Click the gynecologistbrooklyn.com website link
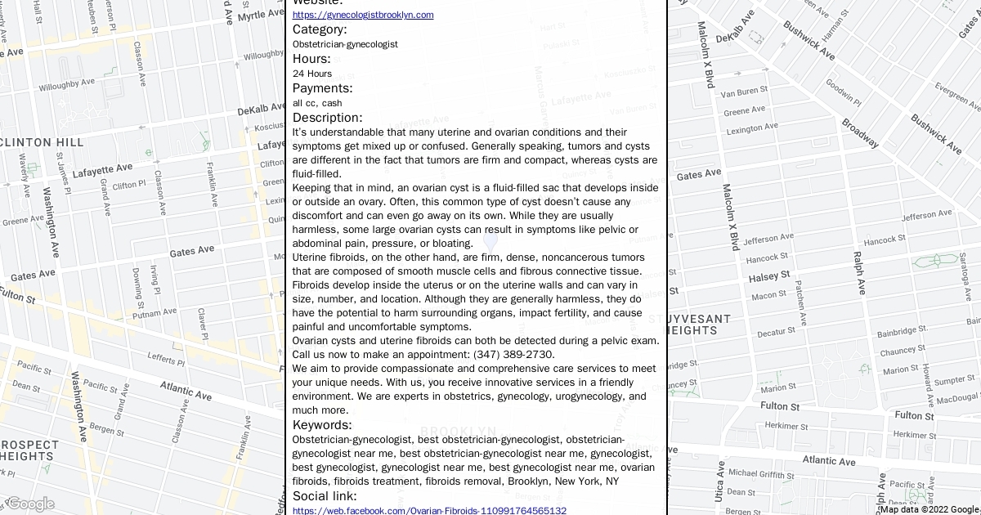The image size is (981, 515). click(x=363, y=15)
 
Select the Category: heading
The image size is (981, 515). click(x=320, y=29)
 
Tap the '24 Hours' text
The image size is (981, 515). click(x=312, y=74)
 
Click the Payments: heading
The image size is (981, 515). click(x=322, y=88)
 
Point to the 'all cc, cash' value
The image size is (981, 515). click(x=317, y=103)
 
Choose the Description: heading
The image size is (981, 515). click(x=327, y=118)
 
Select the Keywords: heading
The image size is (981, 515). click(x=322, y=425)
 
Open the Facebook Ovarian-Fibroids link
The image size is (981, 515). click(x=429, y=511)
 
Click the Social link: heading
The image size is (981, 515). click(x=325, y=496)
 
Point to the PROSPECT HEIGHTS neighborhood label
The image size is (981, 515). click(x=30, y=450)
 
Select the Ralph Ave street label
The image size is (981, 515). click(x=858, y=273)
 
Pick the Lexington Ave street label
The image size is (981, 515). click(x=751, y=129)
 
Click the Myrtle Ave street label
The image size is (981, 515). click(x=262, y=15)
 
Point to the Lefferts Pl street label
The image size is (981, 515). click(x=165, y=357)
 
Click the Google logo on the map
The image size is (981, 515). click(x=29, y=504)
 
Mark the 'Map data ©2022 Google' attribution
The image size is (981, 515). click(x=929, y=509)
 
